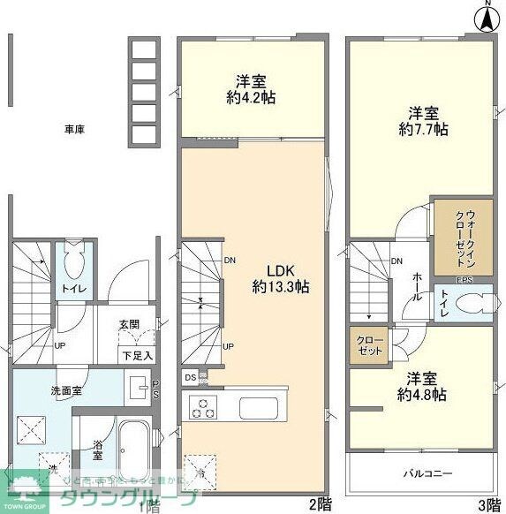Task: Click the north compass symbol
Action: tap(486, 18)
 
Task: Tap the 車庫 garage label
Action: tap(74, 129)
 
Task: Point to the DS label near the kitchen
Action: tap(191, 377)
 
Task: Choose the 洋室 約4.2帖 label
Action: tap(250, 89)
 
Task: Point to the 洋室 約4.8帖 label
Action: tap(420, 386)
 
